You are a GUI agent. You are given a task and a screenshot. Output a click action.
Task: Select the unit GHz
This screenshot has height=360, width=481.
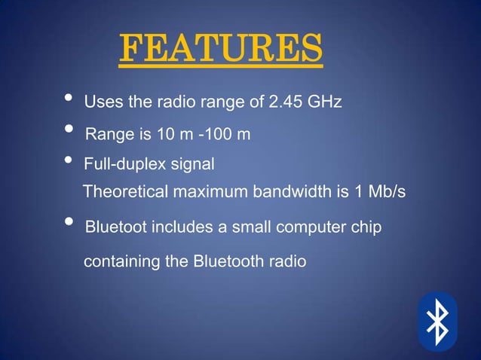(325, 102)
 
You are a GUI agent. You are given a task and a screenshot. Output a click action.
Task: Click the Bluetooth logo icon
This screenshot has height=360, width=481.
(437, 322)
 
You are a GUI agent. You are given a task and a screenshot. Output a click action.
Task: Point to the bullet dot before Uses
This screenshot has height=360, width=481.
(69, 98)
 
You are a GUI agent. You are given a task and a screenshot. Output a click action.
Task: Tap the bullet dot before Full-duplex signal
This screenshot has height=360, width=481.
(69, 160)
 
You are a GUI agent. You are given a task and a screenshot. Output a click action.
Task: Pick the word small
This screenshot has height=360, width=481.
(237, 227)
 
